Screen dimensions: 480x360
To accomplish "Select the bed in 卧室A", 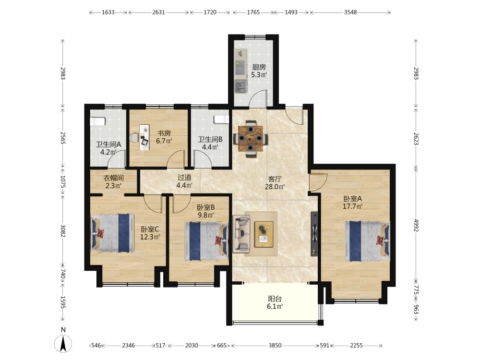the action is (x=367, y=241).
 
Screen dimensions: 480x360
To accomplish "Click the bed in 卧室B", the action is (x=206, y=241).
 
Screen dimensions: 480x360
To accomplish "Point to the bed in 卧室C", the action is (x=112, y=233).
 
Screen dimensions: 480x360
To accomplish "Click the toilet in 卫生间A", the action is (x=98, y=121).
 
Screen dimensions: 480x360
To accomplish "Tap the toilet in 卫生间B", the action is (x=222, y=119).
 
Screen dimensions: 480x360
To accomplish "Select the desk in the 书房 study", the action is (x=144, y=137).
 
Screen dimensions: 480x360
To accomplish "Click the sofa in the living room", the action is (x=241, y=234).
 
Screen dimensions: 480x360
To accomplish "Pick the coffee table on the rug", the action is (x=264, y=234).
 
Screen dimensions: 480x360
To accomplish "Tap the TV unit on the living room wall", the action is (x=315, y=234).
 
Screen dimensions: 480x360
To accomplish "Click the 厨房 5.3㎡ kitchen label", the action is (x=259, y=71).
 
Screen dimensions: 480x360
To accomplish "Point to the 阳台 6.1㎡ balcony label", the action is (x=275, y=302).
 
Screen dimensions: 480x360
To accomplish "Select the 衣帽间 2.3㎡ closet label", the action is (x=114, y=181).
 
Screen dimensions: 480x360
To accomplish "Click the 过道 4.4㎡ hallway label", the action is (x=184, y=181).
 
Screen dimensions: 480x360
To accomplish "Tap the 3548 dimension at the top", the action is (x=350, y=12).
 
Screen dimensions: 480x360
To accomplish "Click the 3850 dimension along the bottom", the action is (x=275, y=345).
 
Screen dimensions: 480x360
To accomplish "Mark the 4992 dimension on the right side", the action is (x=416, y=225).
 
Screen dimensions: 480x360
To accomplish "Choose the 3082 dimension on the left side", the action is (x=63, y=231).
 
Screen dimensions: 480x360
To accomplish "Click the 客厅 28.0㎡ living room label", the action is (x=275, y=182).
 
